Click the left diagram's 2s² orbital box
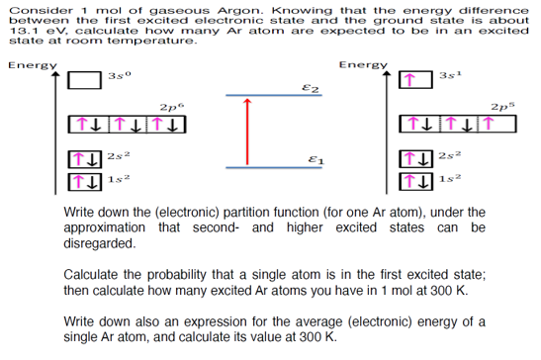(x=85, y=156)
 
